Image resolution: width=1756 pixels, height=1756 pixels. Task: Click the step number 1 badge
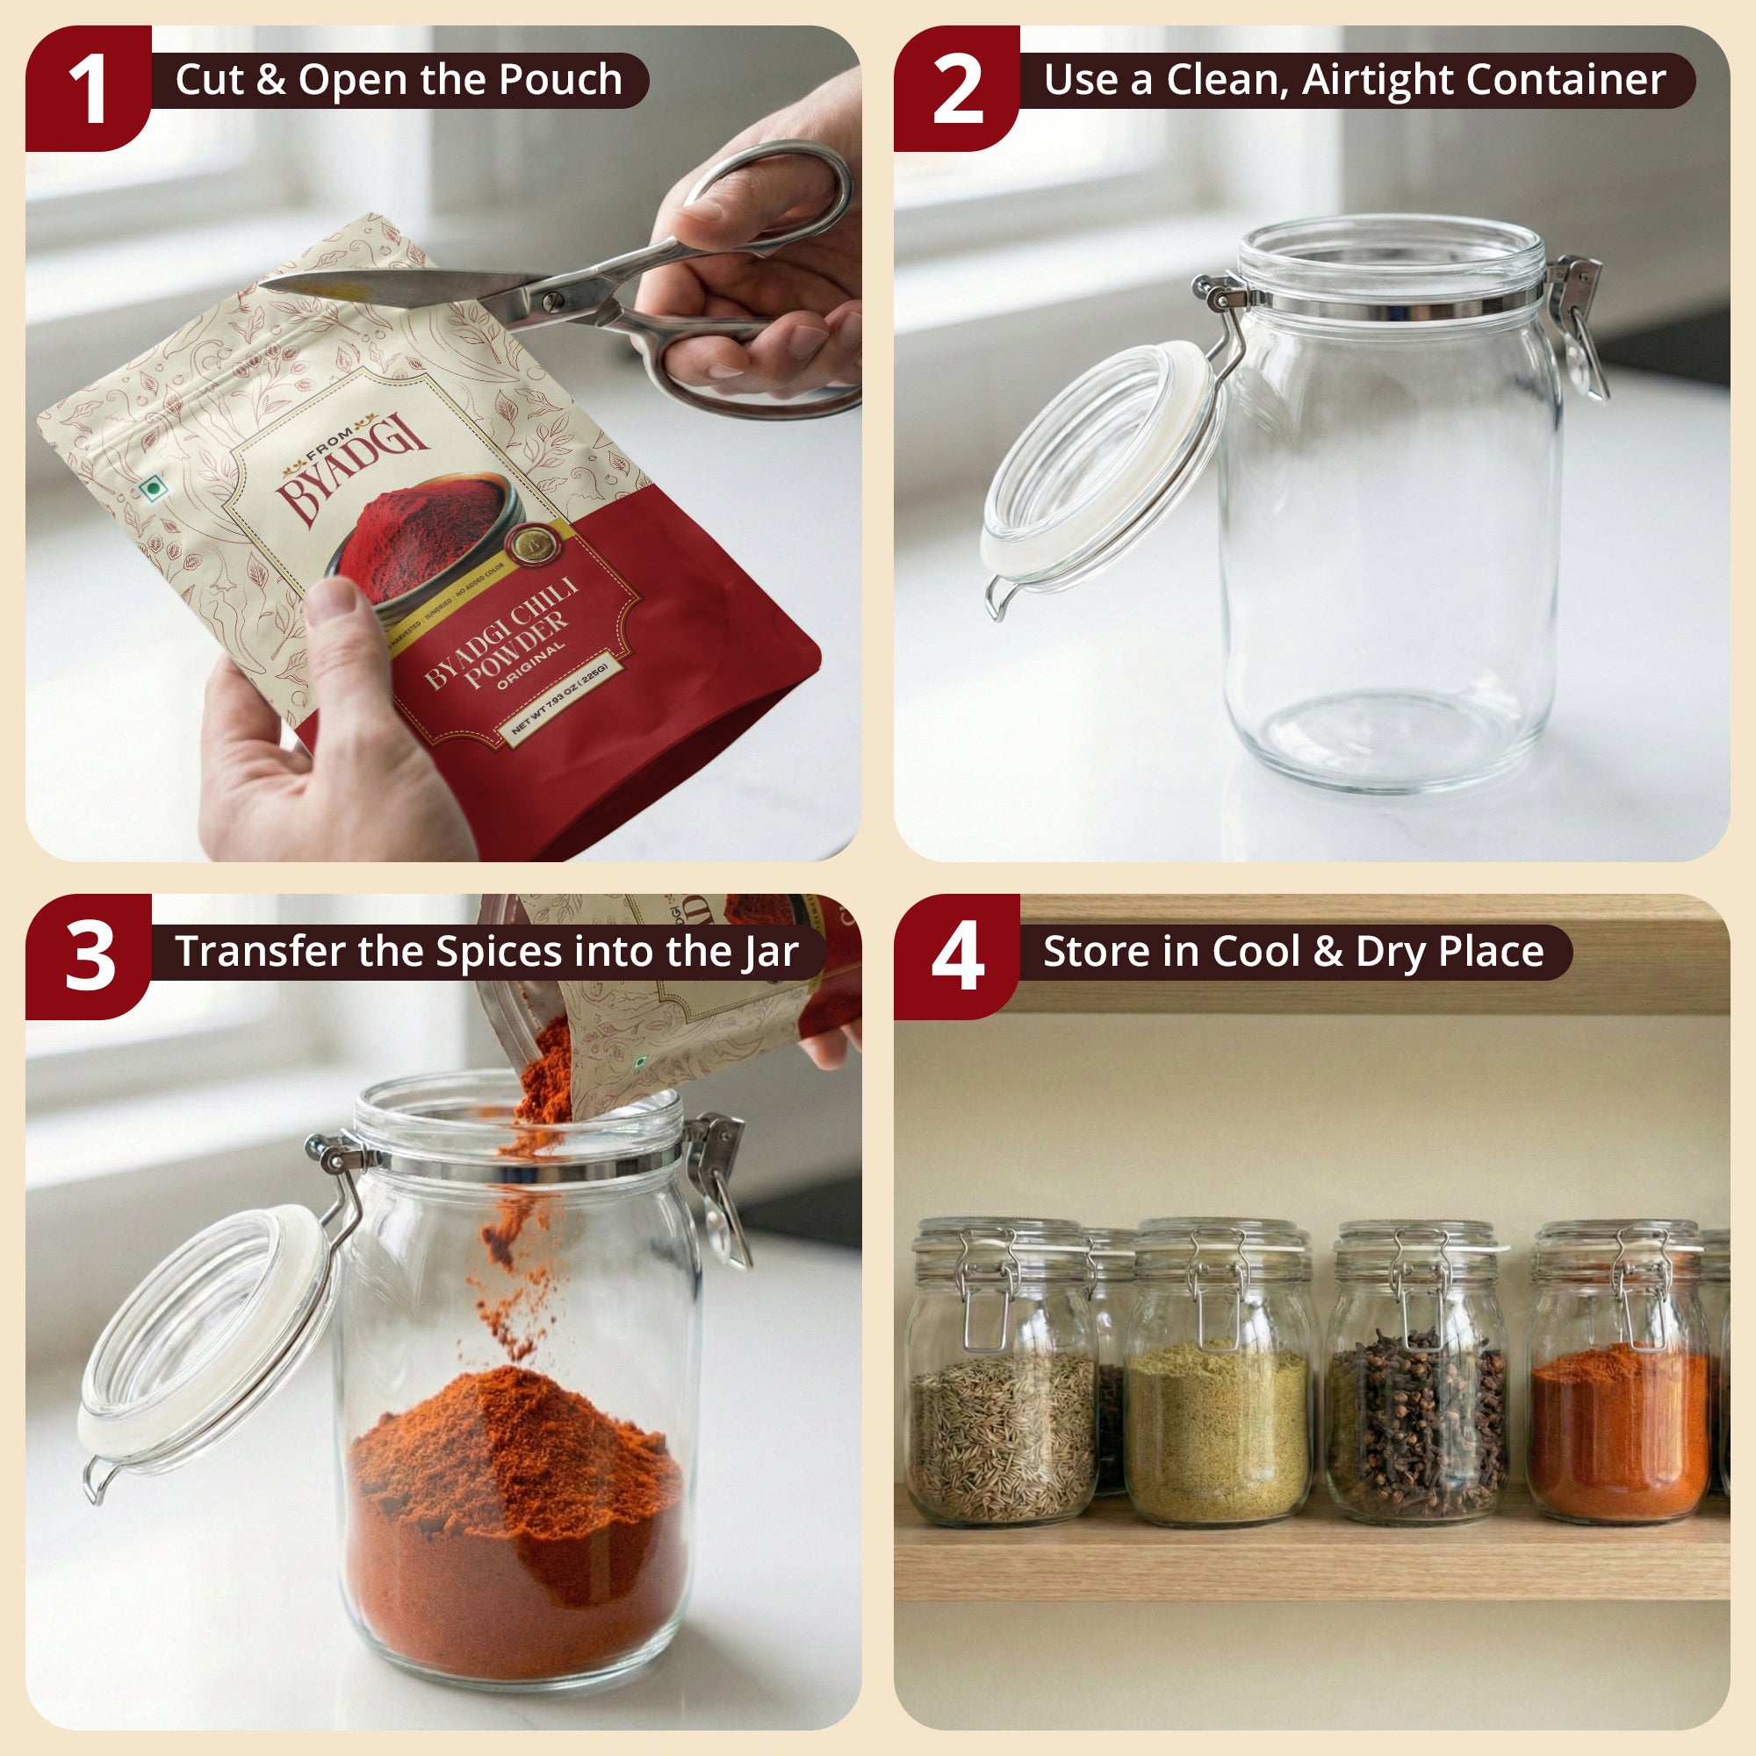click(x=88, y=88)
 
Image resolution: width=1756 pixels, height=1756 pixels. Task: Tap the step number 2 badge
click(x=957, y=88)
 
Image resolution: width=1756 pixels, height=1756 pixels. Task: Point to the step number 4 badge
click(x=957, y=957)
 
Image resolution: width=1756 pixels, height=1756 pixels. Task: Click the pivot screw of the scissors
click(x=551, y=300)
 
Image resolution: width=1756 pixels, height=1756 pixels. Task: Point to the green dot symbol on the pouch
click(x=154, y=490)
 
